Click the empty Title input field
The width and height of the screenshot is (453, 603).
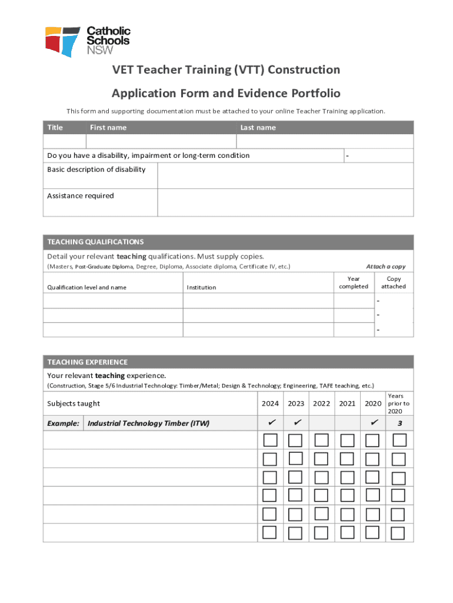click(64, 141)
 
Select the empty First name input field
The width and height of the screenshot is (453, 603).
click(161, 141)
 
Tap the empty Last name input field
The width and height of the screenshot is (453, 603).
click(325, 141)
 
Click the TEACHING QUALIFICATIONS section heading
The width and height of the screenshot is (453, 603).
click(95, 242)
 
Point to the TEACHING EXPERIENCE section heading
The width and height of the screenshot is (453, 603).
click(87, 362)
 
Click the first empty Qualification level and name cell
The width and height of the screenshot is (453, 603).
click(112, 300)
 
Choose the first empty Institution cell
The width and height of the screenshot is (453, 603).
click(258, 300)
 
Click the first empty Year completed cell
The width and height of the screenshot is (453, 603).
click(354, 300)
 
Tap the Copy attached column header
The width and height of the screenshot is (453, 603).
click(394, 283)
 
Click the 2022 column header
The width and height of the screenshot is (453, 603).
click(321, 403)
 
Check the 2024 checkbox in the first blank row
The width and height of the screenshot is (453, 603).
click(270, 440)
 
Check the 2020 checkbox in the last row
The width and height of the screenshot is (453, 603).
click(373, 533)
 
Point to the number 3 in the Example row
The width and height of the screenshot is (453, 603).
click(399, 423)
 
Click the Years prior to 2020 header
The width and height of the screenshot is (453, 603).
click(399, 403)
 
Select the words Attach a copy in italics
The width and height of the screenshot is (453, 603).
click(385, 267)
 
